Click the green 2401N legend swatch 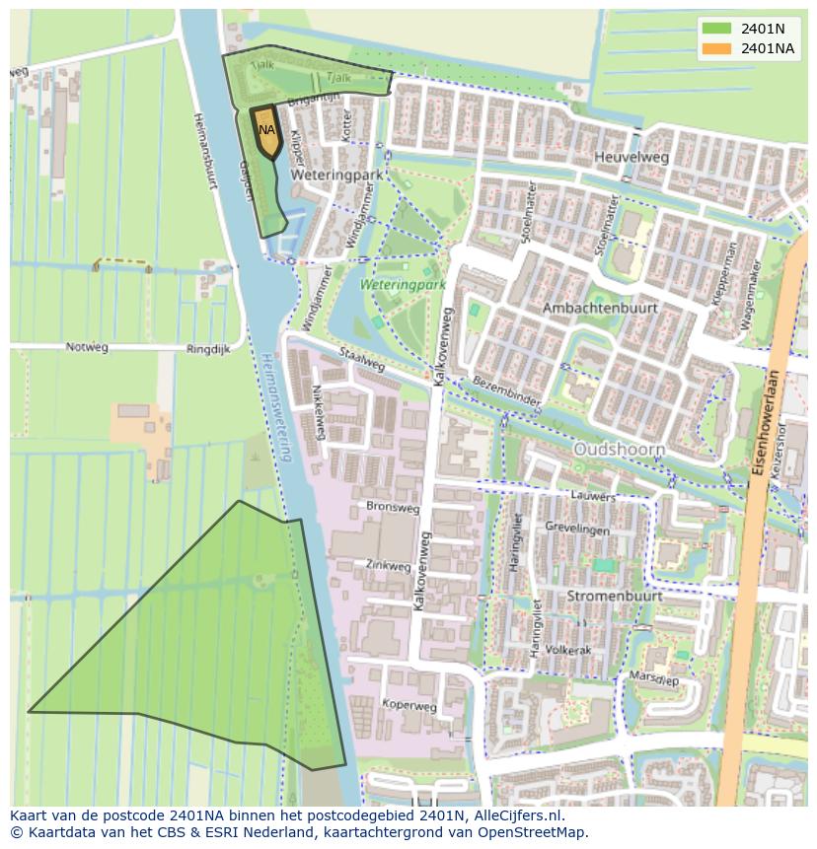click(x=718, y=29)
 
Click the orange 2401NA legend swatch click(x=718, y=47)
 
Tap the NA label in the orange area click(x=266, y=129)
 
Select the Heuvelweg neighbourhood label click(x=631, y=157)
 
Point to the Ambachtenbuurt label click(x=600, y=308)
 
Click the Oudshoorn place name click(x=620, y=449)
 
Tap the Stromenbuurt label click(x=615, y=597)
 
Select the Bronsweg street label click(x=393, y=509)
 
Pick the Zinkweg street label click(x=388, y=566)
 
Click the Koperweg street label click(x=409, y=706)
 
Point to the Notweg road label click(x=87, y=347)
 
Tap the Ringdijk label click(x=208, y=349)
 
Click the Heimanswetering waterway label click(x=277, y=409)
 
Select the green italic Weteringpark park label click(x=403, y=284)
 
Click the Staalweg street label click(x=361, y=358)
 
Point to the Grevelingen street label click(x=577, y=530)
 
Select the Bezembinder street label click(x=507, y=391)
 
